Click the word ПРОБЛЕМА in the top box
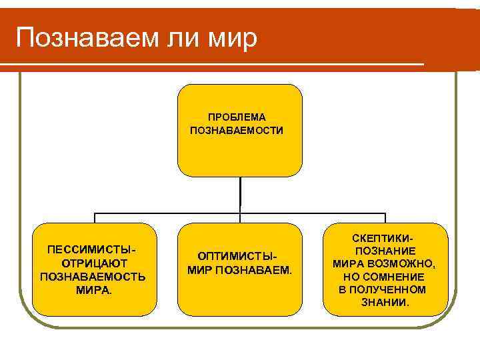coord(237,117)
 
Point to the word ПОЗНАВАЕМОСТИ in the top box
coord(237,130)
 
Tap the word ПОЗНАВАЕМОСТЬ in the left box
coord(94,277)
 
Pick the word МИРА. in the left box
coord(94,290)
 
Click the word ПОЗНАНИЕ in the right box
coord(386,250)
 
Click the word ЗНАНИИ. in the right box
coord(386,302)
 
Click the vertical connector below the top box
coord(239,195)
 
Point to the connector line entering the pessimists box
coord(95,217)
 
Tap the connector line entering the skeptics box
coord(385,217)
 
